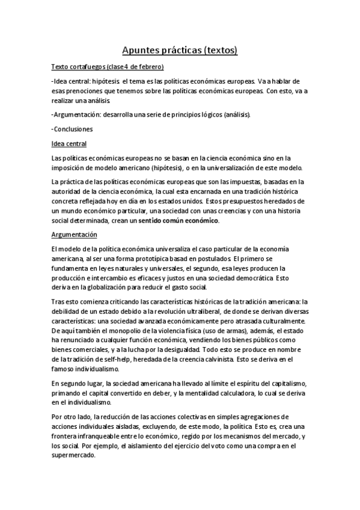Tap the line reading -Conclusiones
[x=72, y=129]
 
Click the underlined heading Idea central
[x=69, y=144]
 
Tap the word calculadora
[x=233, y=393]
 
